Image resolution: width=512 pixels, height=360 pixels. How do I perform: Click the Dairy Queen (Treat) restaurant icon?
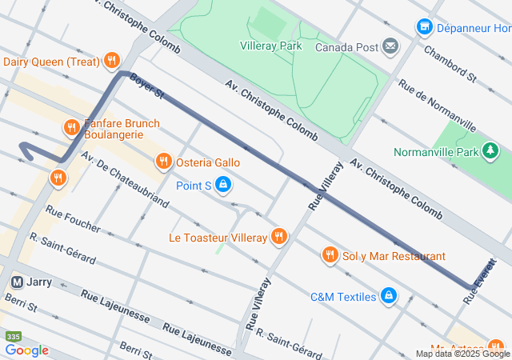tap(111, 61)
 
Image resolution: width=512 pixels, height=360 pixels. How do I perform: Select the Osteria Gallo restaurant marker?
tap(164, 162)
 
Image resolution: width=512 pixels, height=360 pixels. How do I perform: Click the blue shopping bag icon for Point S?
tap(224, 186)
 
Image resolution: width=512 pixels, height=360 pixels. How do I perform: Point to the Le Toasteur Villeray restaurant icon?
tap(278, 237)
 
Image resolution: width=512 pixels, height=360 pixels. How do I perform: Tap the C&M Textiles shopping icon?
tap(389, 297)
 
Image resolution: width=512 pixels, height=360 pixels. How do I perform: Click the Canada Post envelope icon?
tap(390, 46)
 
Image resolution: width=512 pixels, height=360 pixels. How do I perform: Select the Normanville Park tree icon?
tap(490, 151)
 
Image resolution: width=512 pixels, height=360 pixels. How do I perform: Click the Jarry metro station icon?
tap(17, 282)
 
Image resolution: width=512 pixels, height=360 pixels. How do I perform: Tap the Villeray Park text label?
tap(271, 46)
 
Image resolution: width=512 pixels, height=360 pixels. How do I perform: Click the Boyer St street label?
tap(146, 86)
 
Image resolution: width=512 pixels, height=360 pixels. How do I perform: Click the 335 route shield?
tap(13, 336)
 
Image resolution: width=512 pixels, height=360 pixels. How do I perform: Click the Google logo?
tap(26, 350)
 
